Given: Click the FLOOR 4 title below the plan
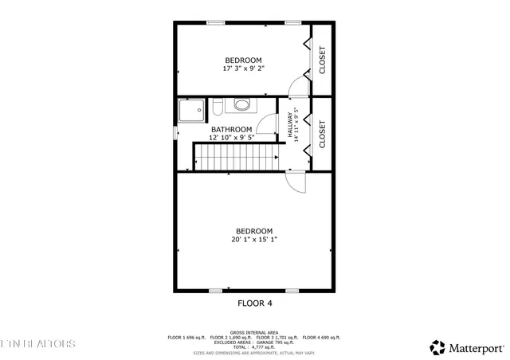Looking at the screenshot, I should tap(255, 303).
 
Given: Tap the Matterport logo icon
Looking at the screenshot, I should tap(437, 347).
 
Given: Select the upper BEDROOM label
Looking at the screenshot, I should tap(243, 61).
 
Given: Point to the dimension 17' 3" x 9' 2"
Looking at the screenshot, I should tap(243, 69).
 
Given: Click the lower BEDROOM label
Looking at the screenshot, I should tap(254, 231).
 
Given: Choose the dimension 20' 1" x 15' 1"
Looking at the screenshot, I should tap(254, 240).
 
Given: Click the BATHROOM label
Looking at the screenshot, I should tap(231, 129).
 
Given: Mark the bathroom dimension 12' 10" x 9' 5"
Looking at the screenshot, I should tap(231, 138).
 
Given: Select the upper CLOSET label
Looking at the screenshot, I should tap(323, 61).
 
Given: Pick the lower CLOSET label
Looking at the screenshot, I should tap(323, 133).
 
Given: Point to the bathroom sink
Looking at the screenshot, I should tap(241, 104).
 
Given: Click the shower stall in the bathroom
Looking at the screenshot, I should tap(191, 112).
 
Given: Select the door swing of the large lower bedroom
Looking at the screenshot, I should tap(296, 182).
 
